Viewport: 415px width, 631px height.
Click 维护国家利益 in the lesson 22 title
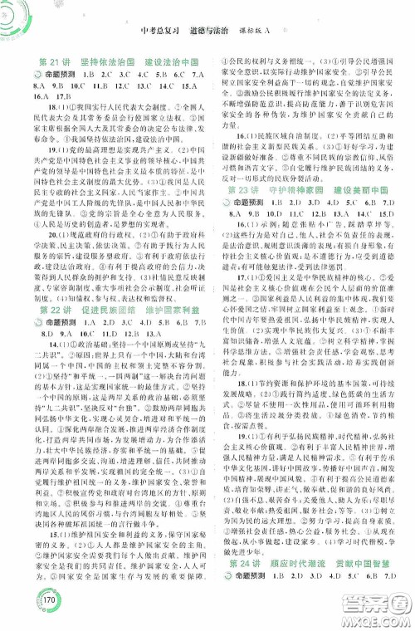coord(168,335)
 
